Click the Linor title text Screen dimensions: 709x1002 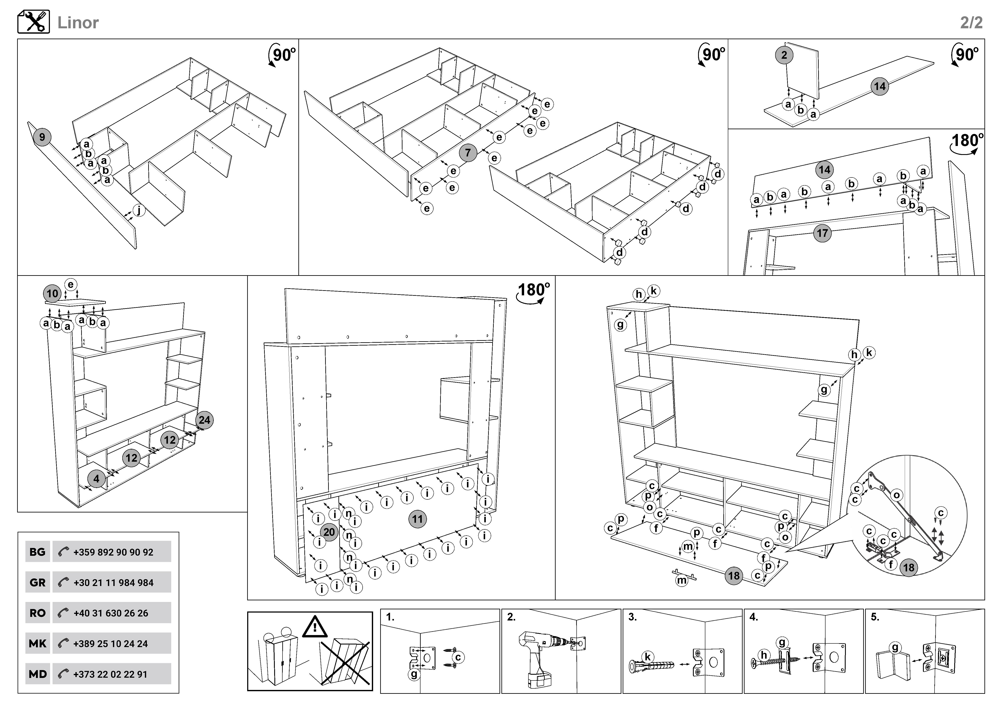(x=78, y=23)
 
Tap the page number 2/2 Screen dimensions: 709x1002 (x=971, y=23)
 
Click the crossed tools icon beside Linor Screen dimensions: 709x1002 (x=34, y=22)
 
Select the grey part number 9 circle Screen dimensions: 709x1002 (x=42, y=137)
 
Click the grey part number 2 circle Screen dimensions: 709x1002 (x=784, y=55)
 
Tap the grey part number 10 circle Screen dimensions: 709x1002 (x=52, y=293)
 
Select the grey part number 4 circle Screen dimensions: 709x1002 (x=96, y=478)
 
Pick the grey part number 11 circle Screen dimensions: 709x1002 (x=418, y=519)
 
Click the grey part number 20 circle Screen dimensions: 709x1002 (x=329, y=532)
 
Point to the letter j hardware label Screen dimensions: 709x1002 (x=139, y=210)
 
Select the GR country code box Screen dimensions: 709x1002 (x=37, y=582)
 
